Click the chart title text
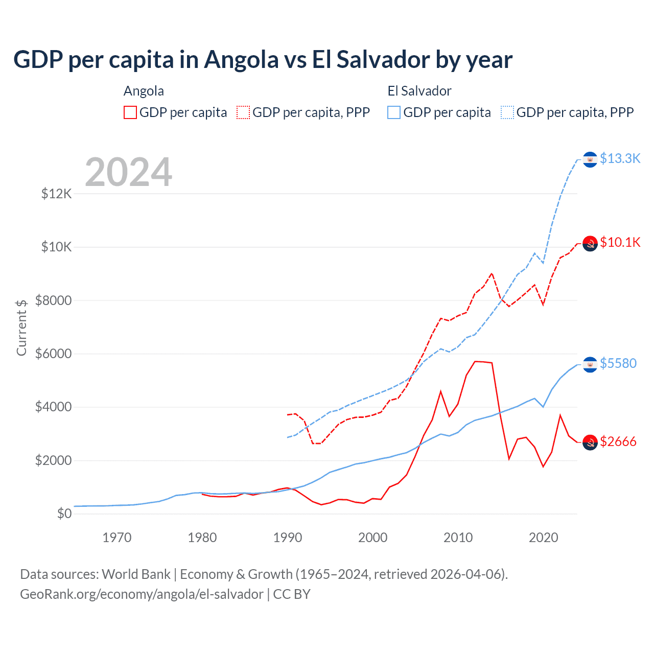(263, 60)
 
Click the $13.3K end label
(620, 159)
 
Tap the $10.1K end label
(620, 242)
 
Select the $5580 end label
(618, 363)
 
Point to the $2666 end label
(618, 441)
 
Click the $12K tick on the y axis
(56, 194)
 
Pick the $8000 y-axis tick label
(53, 300)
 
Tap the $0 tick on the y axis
(64, 513)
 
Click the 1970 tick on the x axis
(117, 538)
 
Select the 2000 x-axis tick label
(373, 538)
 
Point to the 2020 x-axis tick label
(543, 538)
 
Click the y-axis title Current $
(21, 328)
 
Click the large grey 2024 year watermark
(128, 172)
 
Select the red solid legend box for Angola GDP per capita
(130, 112)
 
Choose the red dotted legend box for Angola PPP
(243, 112)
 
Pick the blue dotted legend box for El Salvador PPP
(507, 112)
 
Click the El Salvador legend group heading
(419, 91)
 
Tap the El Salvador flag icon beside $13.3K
(590, 159)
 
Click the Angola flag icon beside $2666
(590, 442)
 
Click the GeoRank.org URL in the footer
(142, 594)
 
